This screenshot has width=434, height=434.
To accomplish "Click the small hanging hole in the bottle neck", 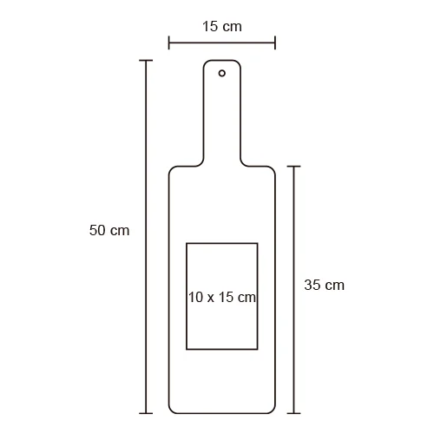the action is [222, 73].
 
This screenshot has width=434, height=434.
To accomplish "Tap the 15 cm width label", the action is [222, 26].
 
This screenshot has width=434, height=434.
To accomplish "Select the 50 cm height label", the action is [109, 230].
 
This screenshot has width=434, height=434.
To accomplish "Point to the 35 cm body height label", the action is [324, 285].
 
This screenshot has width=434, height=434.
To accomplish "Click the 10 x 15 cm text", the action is [222, 297].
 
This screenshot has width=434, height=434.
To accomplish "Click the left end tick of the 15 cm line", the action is [169, 43].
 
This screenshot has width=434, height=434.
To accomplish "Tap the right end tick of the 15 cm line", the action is [275, 43].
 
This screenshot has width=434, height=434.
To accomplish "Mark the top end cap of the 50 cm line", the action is [146, 61].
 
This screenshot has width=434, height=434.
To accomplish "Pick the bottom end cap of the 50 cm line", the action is [146, 413].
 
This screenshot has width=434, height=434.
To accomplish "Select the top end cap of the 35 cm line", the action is [294, 167].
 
